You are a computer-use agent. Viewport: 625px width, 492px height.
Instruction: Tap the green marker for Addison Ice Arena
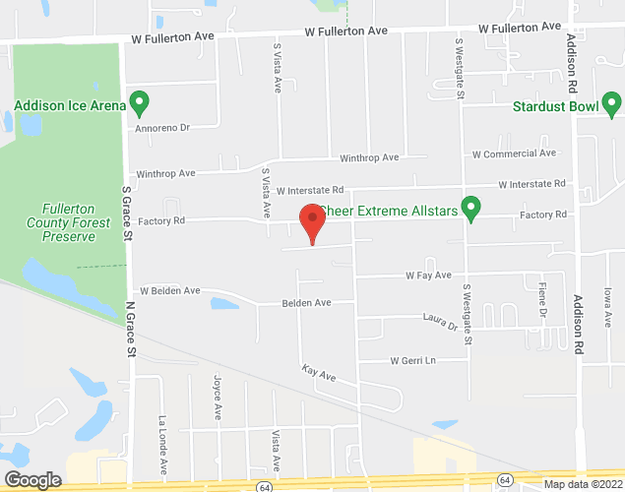click(x=140, y=101)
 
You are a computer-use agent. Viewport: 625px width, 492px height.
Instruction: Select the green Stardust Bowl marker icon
click(x=612, y=101)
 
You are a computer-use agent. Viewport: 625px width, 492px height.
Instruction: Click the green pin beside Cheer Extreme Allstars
click(x=471, y=208)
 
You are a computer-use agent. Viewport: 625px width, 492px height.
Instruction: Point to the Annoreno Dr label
click(x=163, y=127)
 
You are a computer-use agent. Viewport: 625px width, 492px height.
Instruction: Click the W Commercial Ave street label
click(x=514, y=154)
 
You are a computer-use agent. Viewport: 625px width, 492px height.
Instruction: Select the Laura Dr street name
click(x=440, y=321)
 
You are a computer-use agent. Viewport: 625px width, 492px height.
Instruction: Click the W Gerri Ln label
click(x=412, y=361)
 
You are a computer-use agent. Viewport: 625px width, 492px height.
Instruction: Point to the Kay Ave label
click(x=320, y=375)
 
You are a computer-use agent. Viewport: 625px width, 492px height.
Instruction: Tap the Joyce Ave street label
click(x=217, y=393)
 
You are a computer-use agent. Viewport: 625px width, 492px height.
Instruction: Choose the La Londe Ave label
click(x=162, y=437)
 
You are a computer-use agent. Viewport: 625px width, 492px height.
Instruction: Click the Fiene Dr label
click(x=542, y=297)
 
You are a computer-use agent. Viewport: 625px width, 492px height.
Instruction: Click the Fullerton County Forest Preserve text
click(x=68, y=222)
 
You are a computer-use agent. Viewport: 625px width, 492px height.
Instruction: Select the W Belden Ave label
click(x=170, y=291)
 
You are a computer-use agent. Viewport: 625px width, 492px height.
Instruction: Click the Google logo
click(x=31, y=479)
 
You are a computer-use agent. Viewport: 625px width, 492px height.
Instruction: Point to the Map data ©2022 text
click(x=582, y=484)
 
